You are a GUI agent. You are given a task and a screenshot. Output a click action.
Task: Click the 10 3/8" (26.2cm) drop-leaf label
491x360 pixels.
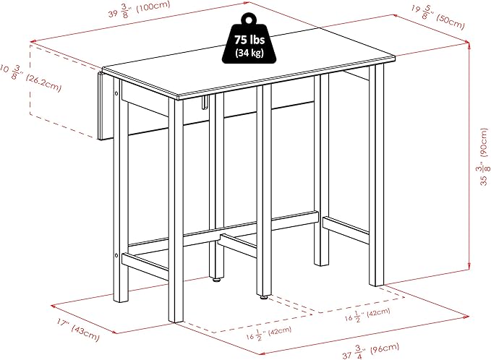(30, 77)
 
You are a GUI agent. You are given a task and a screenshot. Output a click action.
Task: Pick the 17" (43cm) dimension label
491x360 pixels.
(78, 330)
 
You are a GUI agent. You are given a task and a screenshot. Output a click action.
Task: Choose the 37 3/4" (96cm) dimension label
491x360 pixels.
(371, 351)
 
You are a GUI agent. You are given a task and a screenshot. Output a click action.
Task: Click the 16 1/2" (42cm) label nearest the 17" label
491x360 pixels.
(269, 333)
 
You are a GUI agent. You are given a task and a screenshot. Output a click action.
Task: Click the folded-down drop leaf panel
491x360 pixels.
(101, 106)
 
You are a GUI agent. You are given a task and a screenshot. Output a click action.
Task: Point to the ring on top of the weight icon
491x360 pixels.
(249, 19)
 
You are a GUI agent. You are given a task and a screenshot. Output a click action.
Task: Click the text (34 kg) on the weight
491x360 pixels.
(249, 53)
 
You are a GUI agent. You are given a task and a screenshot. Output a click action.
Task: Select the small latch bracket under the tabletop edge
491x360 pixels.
(205, 103)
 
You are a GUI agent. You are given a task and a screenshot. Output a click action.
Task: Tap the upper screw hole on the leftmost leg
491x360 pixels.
(116, 93)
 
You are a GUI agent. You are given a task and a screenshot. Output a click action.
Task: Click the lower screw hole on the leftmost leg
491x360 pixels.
(116, 256)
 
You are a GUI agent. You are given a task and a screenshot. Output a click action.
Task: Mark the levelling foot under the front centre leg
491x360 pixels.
(264, 296)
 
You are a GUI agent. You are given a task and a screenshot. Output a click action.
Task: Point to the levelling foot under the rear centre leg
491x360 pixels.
(216, 280)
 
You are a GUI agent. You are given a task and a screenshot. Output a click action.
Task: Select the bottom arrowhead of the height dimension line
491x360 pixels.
(469, 267)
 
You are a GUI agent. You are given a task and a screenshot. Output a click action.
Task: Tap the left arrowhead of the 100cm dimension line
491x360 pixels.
(33, 41)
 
